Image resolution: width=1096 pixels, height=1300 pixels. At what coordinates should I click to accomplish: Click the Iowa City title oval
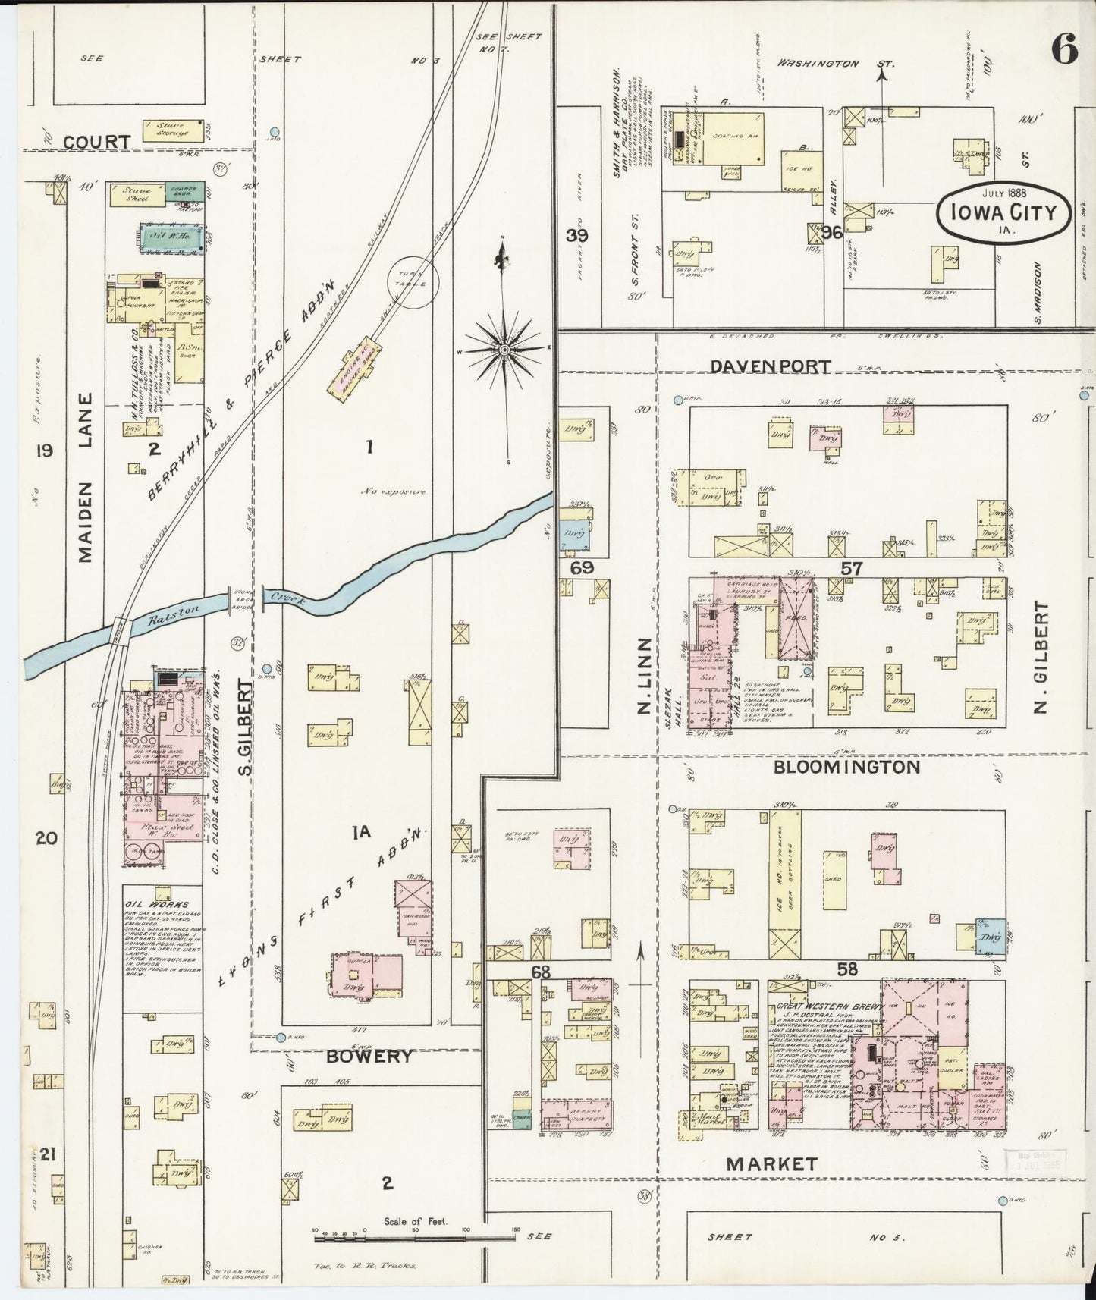1004,211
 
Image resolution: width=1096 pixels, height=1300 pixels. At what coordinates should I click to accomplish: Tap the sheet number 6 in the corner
1065,52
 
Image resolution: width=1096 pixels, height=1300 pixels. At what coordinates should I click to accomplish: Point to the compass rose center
504,350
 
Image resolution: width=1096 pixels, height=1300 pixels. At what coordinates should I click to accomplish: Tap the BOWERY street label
370,1057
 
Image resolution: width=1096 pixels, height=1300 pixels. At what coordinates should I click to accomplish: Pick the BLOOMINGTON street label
846,767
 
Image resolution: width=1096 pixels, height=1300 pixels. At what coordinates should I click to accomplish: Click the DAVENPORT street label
771,366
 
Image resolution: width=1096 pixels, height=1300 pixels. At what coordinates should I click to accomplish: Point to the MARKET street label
771,1163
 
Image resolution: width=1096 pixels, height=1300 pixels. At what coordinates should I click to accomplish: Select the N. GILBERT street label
1040,658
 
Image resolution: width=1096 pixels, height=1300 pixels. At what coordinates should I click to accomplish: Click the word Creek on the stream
289,598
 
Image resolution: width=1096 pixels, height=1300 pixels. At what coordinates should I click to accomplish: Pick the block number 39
577,234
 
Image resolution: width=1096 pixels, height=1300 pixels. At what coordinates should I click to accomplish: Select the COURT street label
96,142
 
